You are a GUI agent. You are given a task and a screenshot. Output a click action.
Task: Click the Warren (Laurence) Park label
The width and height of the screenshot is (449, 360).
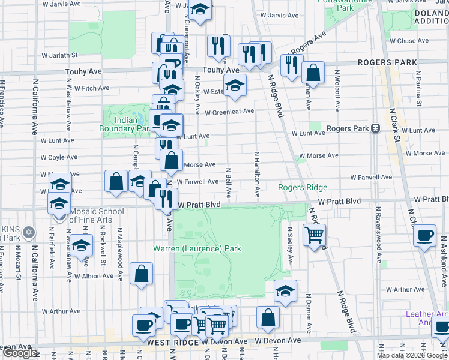pyautogui.click(x=197, y=248)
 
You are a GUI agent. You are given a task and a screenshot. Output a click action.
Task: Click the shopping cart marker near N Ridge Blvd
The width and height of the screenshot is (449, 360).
pyautogui.click(x=314, y=235)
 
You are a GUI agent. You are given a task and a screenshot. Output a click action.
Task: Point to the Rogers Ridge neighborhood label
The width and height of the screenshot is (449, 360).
pyautogui.click(x=302, y=188)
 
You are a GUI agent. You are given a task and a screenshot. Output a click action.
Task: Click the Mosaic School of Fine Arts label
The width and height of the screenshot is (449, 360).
pyautogui.click(x=90, y=215)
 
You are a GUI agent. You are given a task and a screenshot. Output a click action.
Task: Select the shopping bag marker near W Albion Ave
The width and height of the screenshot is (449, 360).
pyautogui.click(x=141, y=274)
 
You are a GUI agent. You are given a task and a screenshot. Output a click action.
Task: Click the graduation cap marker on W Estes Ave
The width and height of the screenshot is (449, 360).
pyautogui.click(x=235, y=85)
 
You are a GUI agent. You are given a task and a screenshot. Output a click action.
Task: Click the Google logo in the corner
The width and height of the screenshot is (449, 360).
pyautogui.click(x=19, y=353)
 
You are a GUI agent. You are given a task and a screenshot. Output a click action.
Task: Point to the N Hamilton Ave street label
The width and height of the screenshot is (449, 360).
pyautogui.click(x=256, y=175)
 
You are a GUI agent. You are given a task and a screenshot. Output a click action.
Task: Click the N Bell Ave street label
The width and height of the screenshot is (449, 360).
pyautogui.click(x=229, y=183)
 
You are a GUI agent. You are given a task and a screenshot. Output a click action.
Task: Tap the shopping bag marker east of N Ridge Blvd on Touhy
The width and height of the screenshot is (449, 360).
pyautogui.click(x=313, y=73)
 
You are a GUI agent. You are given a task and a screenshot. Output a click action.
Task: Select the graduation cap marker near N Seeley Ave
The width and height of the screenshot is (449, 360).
pyautogui.click(x=285, y=292)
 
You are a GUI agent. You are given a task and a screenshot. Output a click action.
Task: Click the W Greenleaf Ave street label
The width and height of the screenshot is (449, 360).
pyautogui.click(x=229, y=112)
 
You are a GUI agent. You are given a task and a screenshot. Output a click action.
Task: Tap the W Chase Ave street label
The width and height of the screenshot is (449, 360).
pyautogui.click(x=409, y=41)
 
